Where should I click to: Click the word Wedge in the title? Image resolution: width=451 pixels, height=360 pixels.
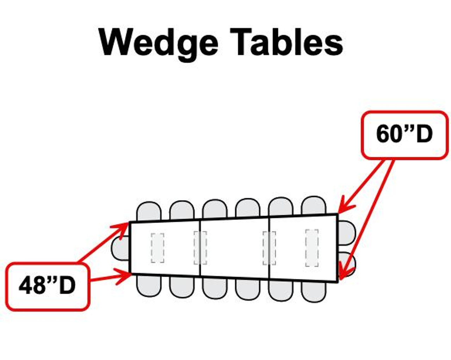click(x=159, y=42)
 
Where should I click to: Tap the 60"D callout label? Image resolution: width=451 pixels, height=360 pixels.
click(x=404, y=134)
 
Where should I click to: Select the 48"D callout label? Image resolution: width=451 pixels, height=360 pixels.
click(x=47, y=286)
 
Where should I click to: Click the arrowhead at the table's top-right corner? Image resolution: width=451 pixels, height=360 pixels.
click(x=344, y=208)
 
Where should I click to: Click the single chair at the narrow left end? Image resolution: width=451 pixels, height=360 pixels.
click(x=120, y=248)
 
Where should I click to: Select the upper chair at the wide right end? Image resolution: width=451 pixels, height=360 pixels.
click(x=347, y=233)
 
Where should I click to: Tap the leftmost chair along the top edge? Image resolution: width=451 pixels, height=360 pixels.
click(x=149, y=212)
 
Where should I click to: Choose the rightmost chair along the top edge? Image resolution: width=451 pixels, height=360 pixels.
click(x=314, y=206)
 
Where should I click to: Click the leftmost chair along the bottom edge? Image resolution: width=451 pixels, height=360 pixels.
click(x=149, y=286)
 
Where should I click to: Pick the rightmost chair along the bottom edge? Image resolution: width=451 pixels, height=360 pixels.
click(x=314, y=291)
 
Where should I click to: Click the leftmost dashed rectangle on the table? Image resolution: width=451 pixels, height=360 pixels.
click(x=157, y=248)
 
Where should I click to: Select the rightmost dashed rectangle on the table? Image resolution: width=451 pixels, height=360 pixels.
click(x=312, y=248)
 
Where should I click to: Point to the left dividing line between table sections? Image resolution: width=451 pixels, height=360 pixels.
click(x=200, y=248)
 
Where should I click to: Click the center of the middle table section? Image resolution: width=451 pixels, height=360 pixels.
click(x=235, y=248)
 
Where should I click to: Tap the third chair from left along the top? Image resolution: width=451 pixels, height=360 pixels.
click(x=215, y=209)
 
